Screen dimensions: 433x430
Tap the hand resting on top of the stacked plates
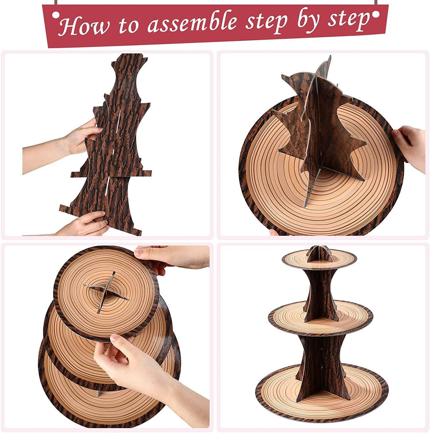pyautogui.click(x=174, y=256)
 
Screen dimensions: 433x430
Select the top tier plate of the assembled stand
pyautogui.click(x=319, y=261)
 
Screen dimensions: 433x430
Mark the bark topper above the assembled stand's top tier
pyautogui.click(x=319, y=252)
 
